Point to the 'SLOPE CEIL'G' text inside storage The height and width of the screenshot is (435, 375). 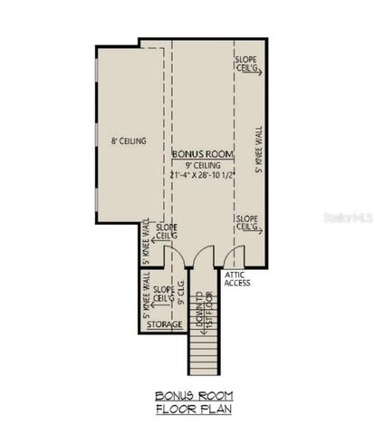click(x=164, y=294)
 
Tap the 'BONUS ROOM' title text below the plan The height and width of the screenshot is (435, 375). click(x=194, y=396)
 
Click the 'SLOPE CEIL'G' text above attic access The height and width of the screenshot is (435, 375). click(x=247, y=223)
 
